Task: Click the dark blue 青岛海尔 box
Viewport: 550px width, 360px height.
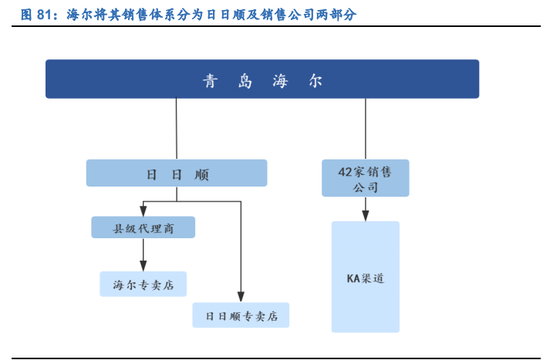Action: click(x=262, y=79)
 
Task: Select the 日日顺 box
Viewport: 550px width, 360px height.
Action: click(x=177, y=173)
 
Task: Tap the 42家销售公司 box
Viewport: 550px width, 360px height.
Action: click(x=365, y=178)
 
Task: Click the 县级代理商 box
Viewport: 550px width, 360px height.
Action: click(x=143, y=227)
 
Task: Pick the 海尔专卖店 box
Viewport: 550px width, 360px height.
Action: click(x=143, y=284)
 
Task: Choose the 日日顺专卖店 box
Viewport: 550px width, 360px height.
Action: click(x=241, y=315)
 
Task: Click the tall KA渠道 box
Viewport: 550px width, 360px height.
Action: click(x=365, y=277)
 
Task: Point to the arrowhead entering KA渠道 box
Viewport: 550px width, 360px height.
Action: click(x=365, y=214)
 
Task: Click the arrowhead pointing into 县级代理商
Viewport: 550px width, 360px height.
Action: click(x=143, y=210)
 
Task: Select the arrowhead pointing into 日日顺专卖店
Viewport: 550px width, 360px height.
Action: click(x=241, y=296)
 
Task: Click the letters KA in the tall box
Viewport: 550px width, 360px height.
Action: click(x=353, y=278)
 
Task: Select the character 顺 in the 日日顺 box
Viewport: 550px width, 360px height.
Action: click(x=202, y=175)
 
